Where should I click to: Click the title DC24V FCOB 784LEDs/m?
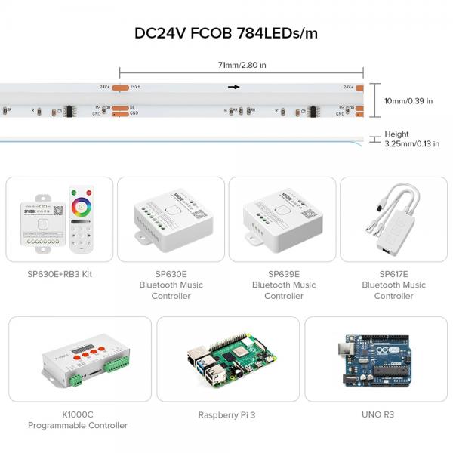[226, 34]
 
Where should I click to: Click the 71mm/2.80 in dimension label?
[242, 66]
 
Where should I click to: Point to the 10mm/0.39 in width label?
[408, 101]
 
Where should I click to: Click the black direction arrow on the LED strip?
[234, 88]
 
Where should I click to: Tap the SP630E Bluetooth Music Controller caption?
[171, 285]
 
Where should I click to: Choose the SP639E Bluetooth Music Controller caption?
[284, 285]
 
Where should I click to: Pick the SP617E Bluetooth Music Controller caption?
[393, 285]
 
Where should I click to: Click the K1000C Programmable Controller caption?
[78, 420]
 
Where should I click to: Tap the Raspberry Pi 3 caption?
[226, 414]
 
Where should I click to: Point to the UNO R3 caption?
[377, 414]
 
